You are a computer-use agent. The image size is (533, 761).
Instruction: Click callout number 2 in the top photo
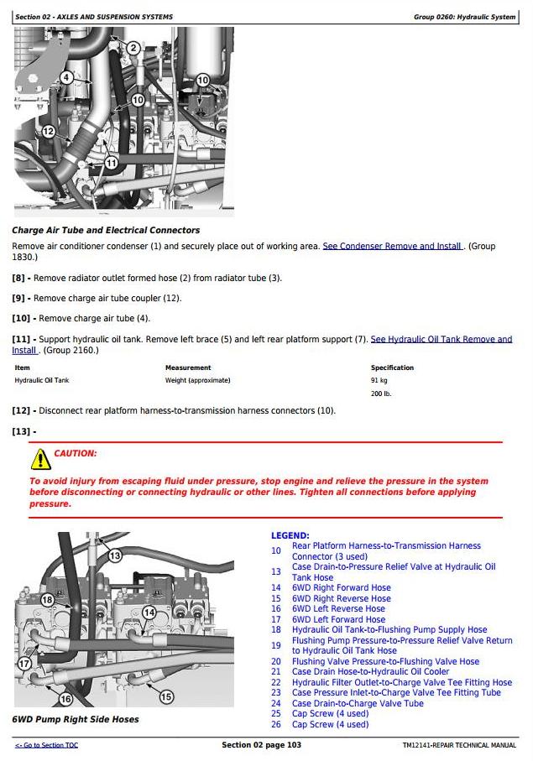133,48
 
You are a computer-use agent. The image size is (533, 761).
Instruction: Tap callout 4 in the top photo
66,77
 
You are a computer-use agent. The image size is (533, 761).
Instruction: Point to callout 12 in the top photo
48,131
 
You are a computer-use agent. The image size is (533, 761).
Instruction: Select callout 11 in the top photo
112,163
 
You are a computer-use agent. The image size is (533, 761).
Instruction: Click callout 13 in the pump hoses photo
115,555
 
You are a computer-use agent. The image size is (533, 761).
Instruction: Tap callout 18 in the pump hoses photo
47,600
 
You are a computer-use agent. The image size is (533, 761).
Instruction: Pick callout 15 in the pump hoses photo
166,696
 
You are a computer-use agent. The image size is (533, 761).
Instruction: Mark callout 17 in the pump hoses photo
25,663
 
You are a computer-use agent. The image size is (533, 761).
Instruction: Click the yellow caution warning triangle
40,459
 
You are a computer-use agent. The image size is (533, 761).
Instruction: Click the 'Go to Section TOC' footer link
46,745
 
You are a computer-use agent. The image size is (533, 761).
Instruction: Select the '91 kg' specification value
379,380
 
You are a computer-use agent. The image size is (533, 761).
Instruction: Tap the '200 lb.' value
381,394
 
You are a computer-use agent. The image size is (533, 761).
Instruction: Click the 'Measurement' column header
187,367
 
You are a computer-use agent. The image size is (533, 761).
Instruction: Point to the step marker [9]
18,298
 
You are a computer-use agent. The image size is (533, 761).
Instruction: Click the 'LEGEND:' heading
290,535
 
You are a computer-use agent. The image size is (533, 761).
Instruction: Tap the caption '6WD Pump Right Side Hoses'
76,719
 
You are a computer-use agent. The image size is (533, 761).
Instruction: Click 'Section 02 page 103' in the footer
261,745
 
